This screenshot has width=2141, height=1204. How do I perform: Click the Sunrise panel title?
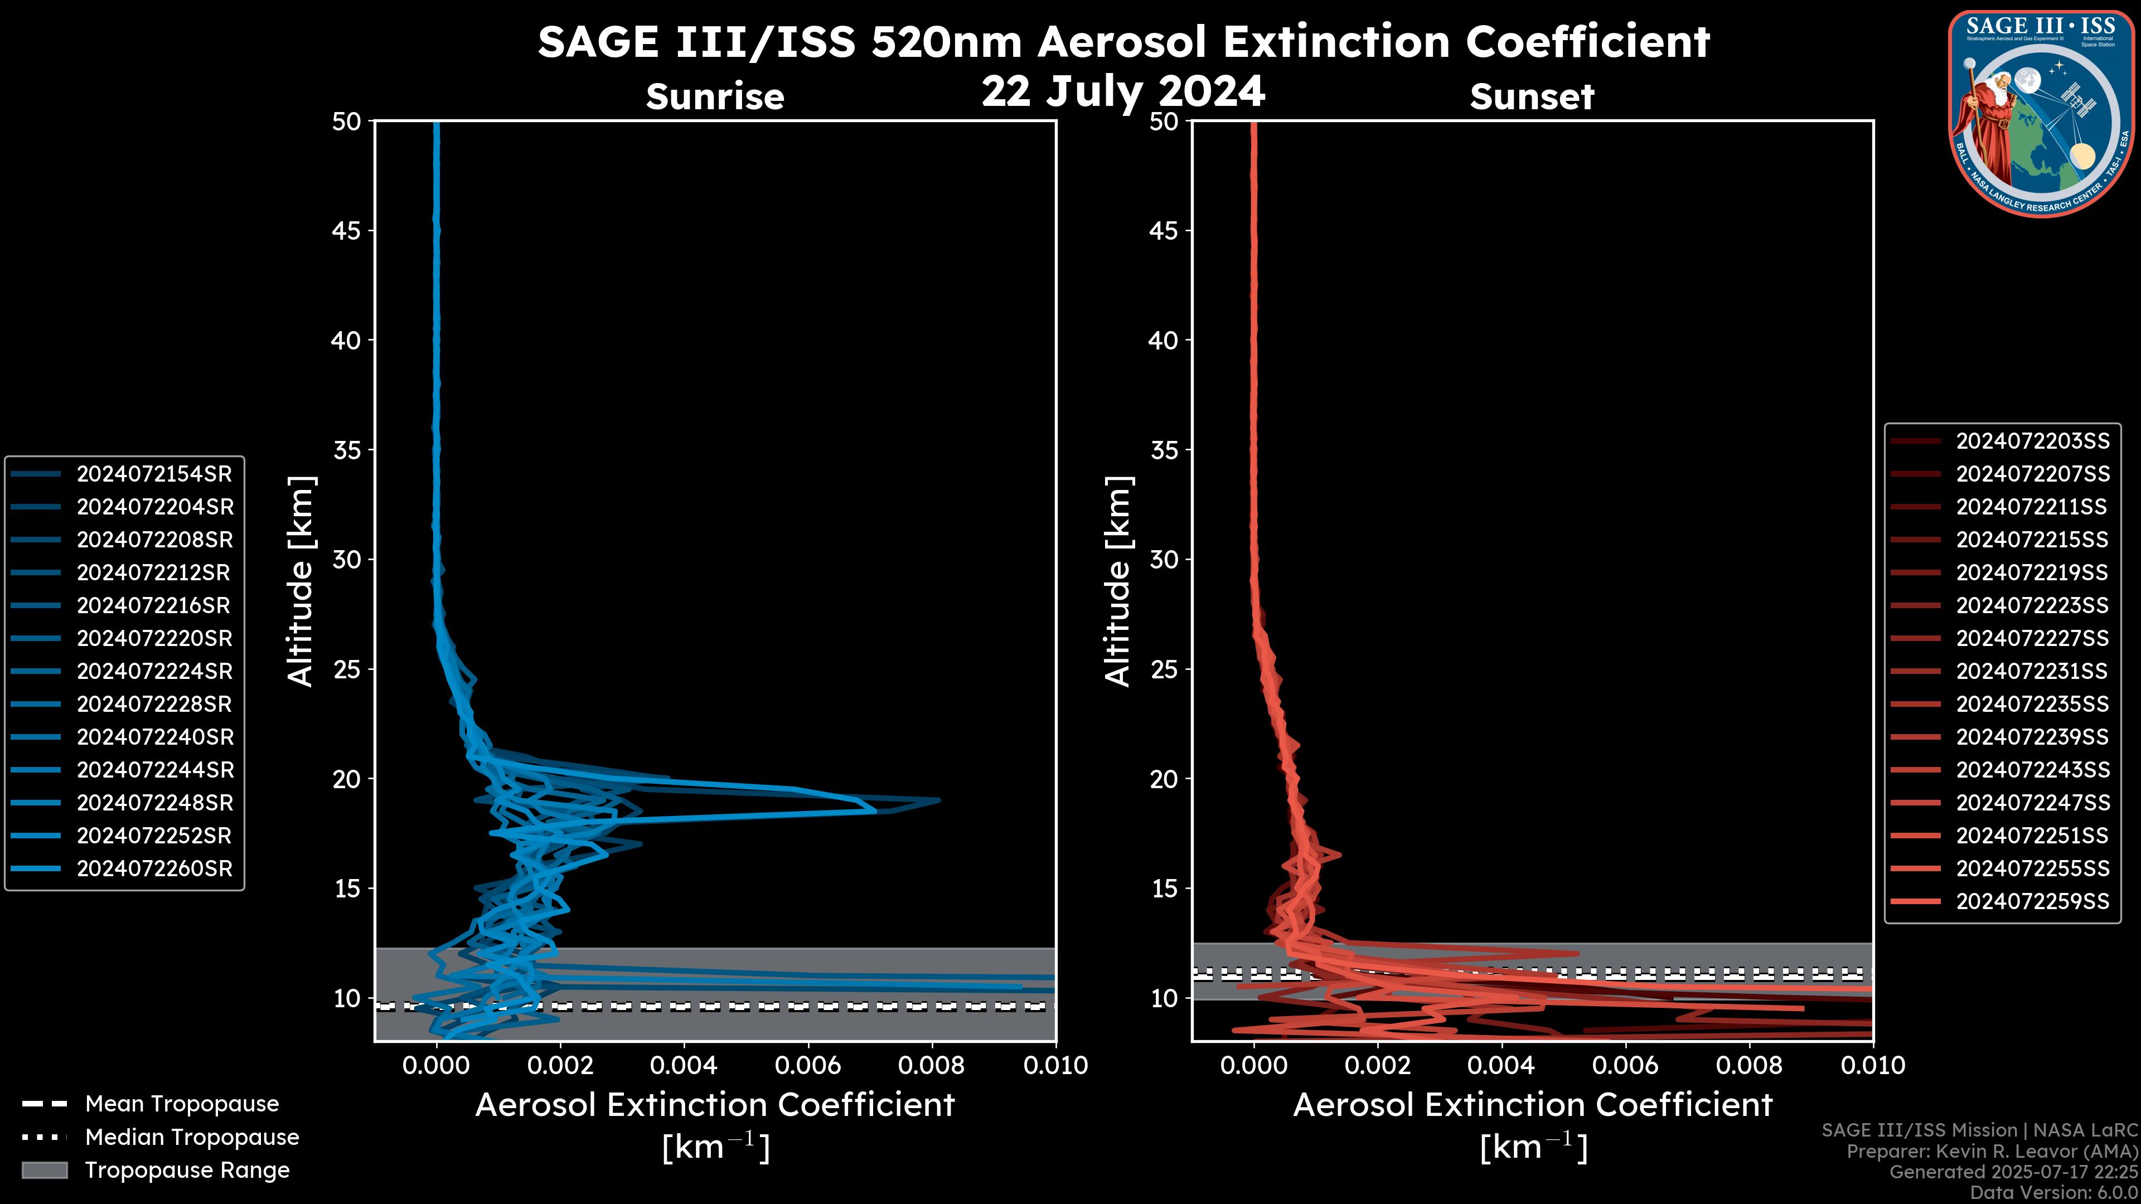[x=715, y=96]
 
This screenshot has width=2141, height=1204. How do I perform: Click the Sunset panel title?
[x=1532, y=96]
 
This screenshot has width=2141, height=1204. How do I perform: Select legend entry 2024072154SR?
[x=154, y=474]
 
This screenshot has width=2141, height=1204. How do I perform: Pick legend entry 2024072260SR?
[x=154, y=868]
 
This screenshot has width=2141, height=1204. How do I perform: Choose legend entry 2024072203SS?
[x=2032, y=440]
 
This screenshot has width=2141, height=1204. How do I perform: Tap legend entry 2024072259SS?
[x=2032, y=901]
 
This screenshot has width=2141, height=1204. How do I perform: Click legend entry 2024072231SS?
[x=2032, y=671]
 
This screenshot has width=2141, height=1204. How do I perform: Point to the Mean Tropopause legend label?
[x=182, y=1104]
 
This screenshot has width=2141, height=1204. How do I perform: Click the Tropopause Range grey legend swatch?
[x=44, y=1170]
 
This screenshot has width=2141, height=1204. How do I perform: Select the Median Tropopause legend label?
[x=192, y=1137]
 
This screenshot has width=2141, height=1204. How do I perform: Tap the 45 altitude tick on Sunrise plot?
[x=347, y=230]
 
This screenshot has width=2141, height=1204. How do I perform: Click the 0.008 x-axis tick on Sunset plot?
[x=1750, y=1065]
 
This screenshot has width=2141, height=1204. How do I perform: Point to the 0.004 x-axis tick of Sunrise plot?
[x=683, y=1065]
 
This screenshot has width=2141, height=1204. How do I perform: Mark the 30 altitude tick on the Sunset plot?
[x=1164, y=559]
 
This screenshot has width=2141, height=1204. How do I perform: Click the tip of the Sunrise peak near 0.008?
[x=938, y=800]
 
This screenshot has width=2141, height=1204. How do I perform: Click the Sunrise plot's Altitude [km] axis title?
[x=300, y=581]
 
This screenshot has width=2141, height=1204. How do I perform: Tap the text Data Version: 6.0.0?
[x=2053, y=1192]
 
